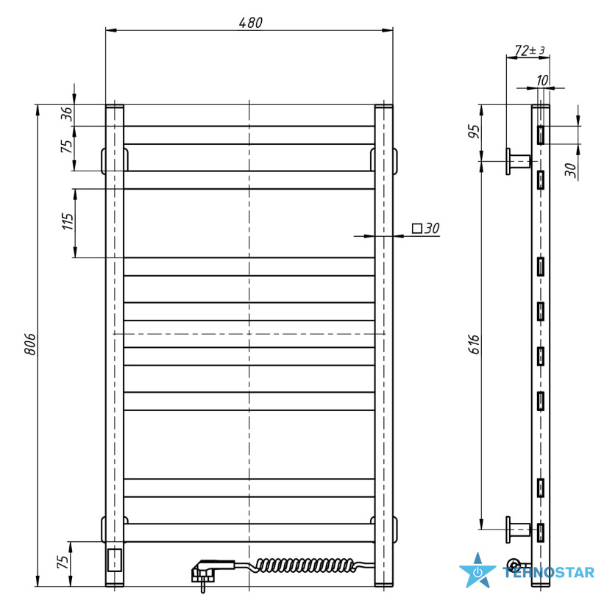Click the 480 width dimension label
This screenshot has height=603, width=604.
pos(250,23)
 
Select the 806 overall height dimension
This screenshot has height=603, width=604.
pos(30,344)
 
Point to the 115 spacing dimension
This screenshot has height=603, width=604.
pos(68,221)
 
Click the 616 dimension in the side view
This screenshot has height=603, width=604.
pos(475,344)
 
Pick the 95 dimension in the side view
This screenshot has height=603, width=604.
pos(475,131)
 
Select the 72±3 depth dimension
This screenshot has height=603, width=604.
pos(530,50)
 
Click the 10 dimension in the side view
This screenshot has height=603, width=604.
pos(542,80)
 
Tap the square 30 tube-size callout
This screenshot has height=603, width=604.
pos(426,228)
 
